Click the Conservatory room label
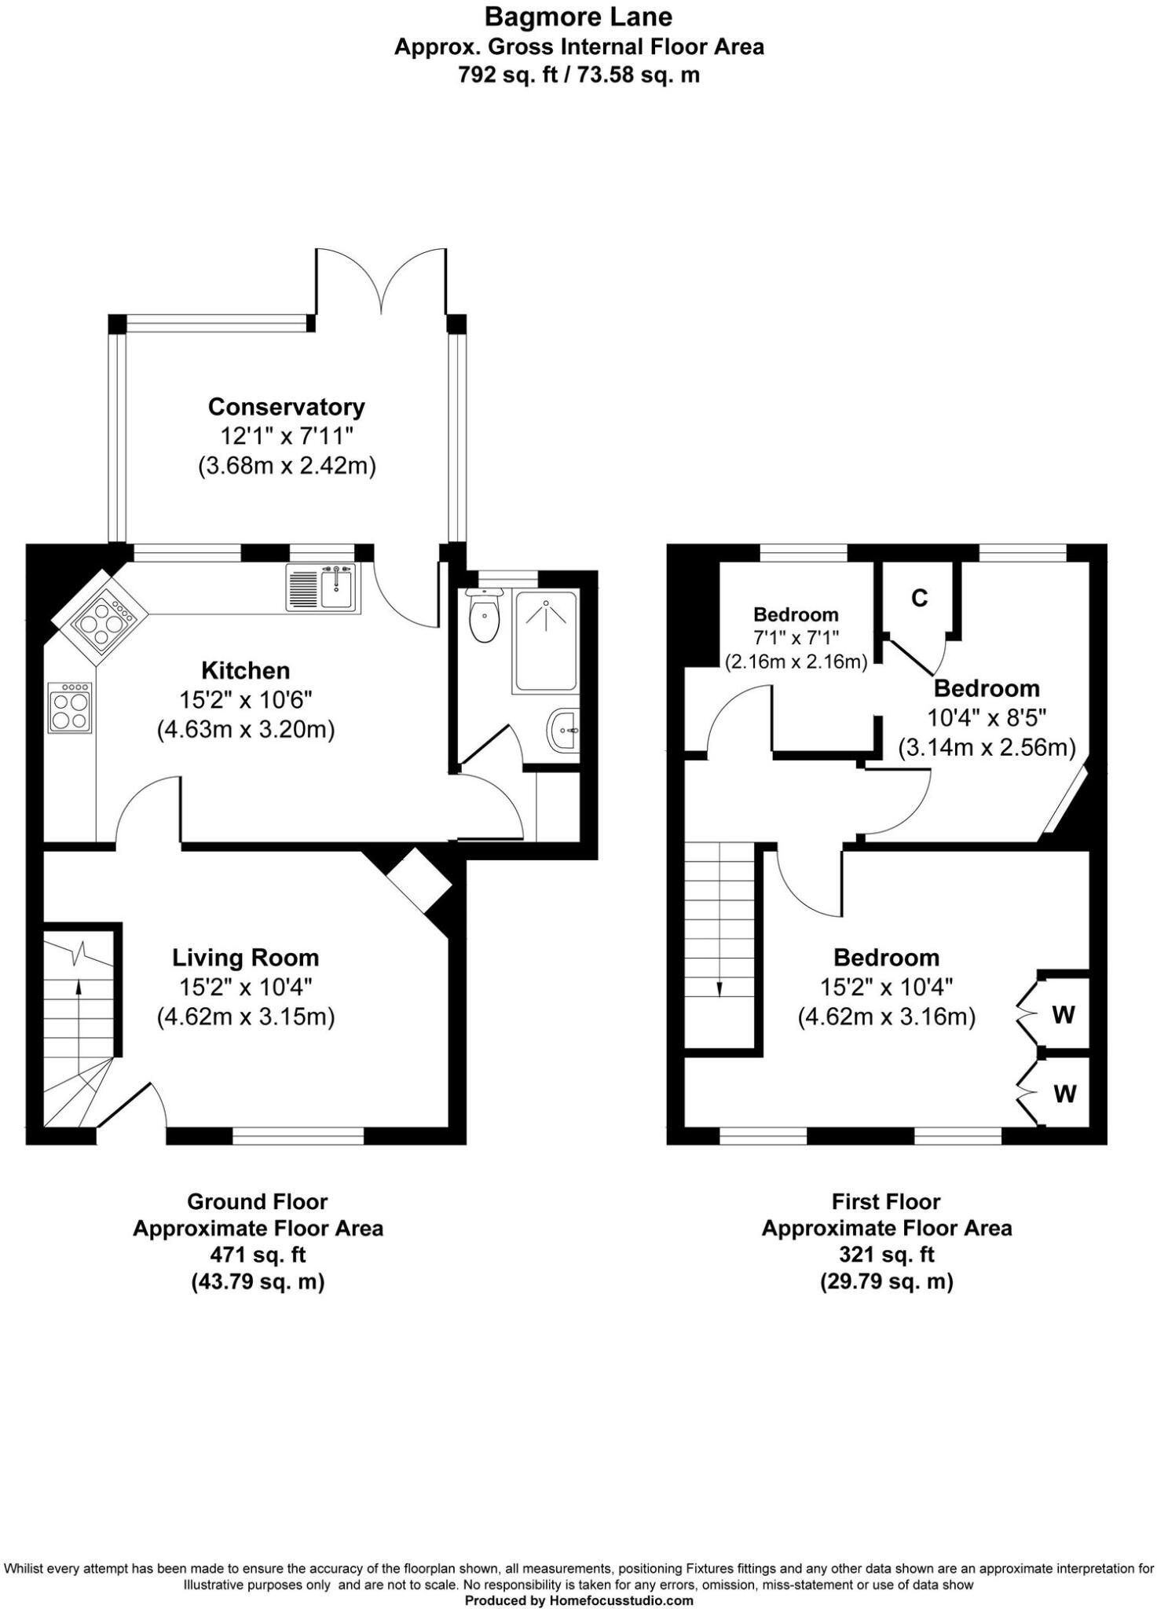pyautogui.click(x=287, y=407)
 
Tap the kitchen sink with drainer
pyautogui.click(x=321, y=588)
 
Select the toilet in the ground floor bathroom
pyautogui.click(x=482, y=615)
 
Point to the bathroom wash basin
pyautogui.click(x=563, y=730)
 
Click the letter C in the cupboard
pyautogui.click(x=919, y=598)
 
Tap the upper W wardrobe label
pyautogui.click(x=1063, y=1014)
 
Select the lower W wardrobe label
pyautogui.click(x=1064, y=1094)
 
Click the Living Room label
pyautogui.click(x=246, y=958)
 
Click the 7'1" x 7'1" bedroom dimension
pyautogui.click(x=796, y=638)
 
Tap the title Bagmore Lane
pyautogui.click(x=578, y=16)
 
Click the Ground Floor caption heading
pyautogui.click(x=258, y=1201)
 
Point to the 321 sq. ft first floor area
pyautogui.click(x=887, y=1255)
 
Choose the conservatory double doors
pyautogui.click(x=382, y=279)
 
